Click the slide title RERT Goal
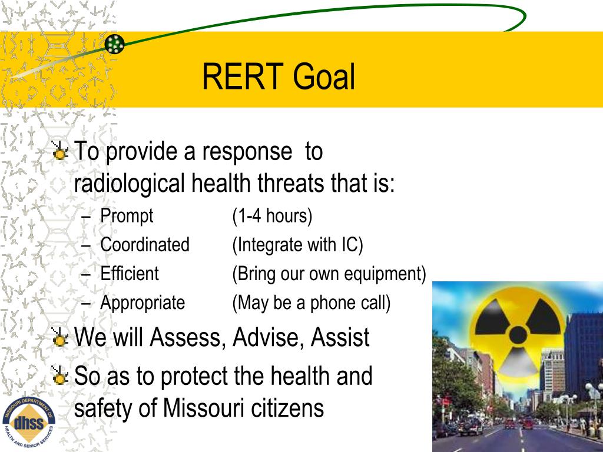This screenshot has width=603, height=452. (279, 78)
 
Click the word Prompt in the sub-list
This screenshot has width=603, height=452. (127, 216)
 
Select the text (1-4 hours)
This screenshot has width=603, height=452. (272, 216)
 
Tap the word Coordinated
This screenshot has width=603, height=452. (145, 245)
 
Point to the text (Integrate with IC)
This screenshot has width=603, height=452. (297, 245)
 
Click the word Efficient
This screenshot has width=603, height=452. (130, 274)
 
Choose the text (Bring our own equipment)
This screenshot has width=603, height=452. (329, 274)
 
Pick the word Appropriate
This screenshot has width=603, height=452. (143, 303)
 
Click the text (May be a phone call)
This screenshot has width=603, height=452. (311, 303)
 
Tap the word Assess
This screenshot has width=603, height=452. (188, 338)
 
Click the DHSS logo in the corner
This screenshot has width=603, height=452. (29, 422)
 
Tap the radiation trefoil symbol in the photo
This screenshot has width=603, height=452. (519, 330)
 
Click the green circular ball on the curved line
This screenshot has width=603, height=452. (115, 44)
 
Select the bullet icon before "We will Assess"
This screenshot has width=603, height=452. (59, 338)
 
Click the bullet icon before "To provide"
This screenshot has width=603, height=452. (59, 153)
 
